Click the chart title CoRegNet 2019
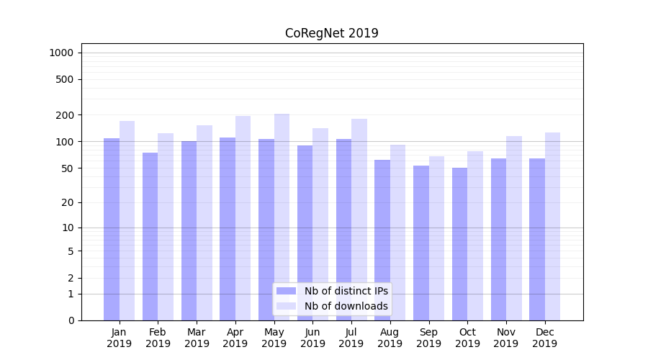[331, 33]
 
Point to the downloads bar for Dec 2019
[552, 226]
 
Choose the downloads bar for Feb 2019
[166, 227]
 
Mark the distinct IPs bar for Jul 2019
[343, 230]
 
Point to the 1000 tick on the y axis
[61, 53]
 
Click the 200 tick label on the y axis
[65, 115]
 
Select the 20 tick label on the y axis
[67, 202]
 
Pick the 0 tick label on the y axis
[71, 320]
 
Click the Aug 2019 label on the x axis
[390, 338]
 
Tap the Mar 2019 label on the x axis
[197, 338]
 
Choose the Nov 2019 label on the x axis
[506, 338]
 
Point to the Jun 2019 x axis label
[312, 338]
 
